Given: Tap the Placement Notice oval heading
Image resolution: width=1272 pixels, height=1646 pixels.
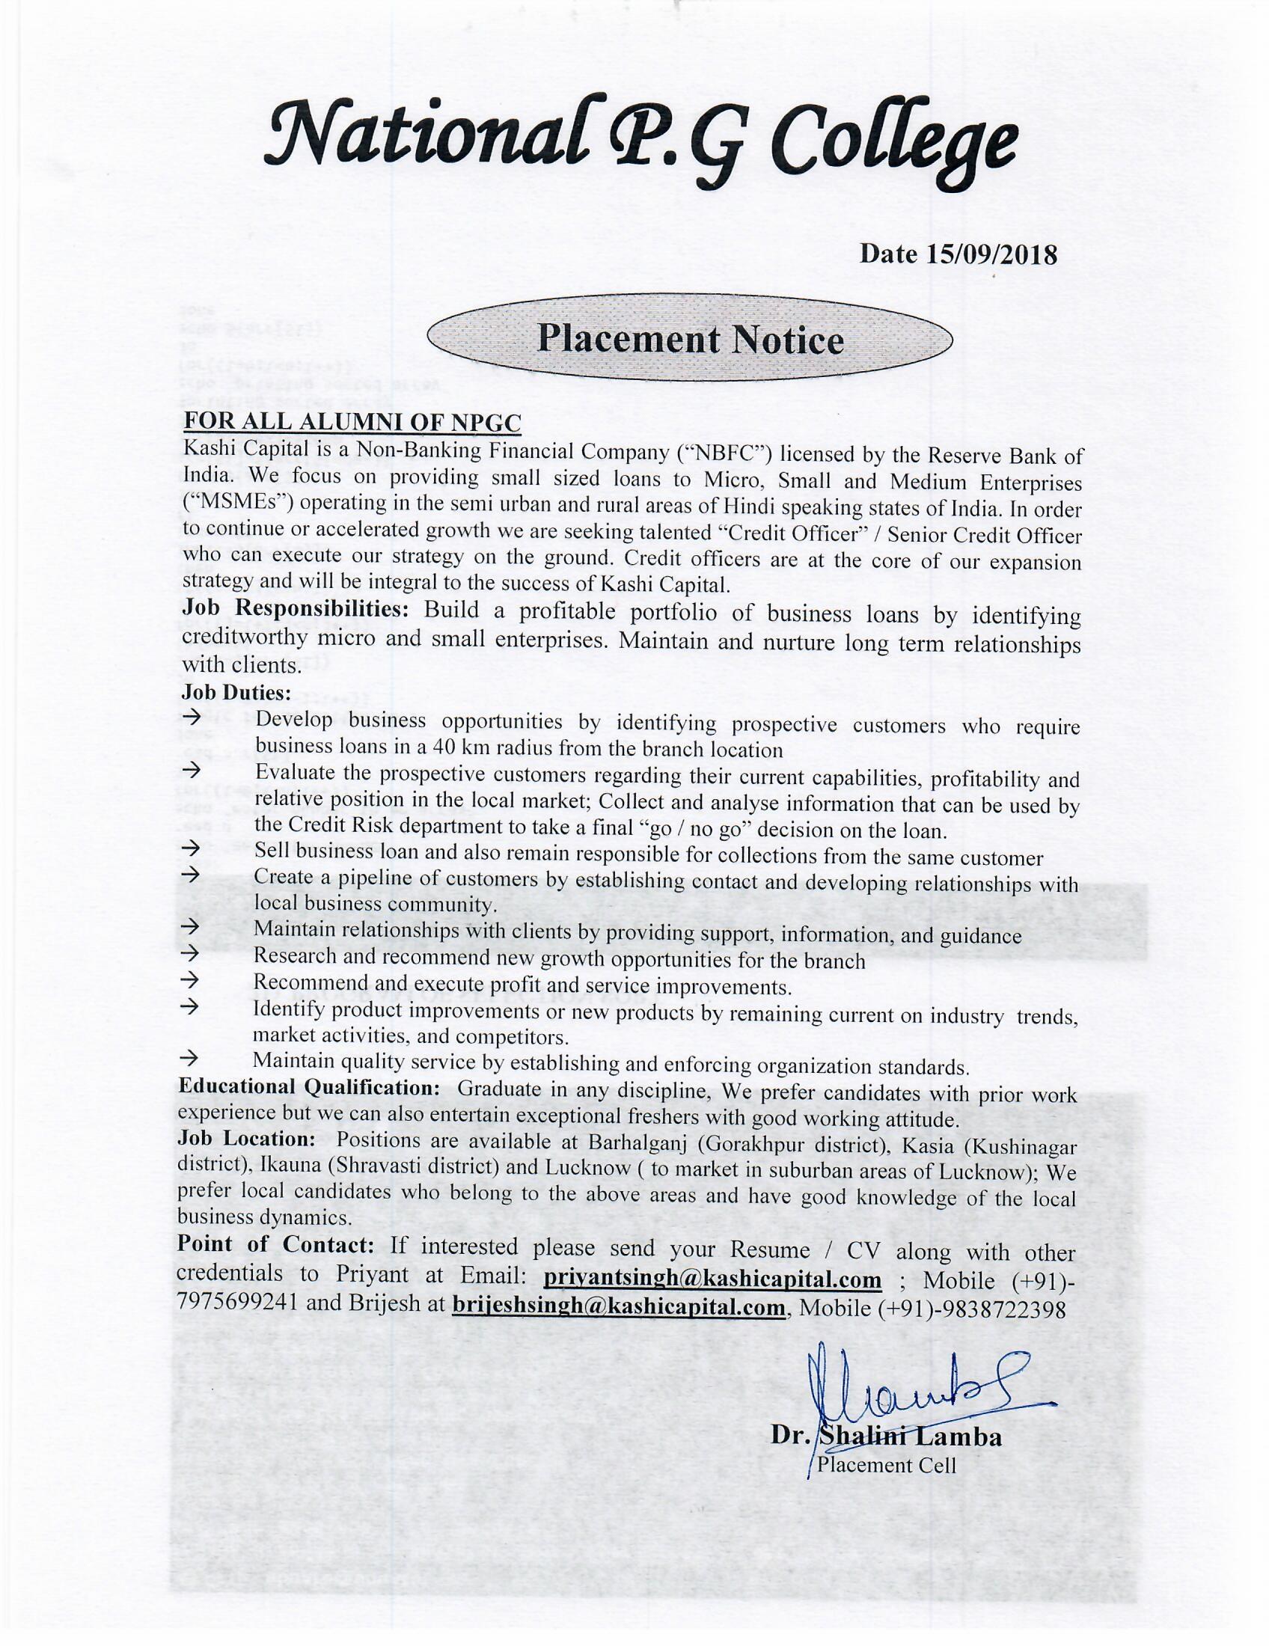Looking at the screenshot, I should click(x=690, y=340).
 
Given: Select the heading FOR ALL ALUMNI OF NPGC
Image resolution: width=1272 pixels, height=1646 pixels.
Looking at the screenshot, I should click(x=352, y=423).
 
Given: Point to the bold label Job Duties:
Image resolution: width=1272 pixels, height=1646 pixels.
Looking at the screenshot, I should click(x=236, y=692).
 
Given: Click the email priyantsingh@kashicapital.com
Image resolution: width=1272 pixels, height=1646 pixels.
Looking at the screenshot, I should click(x=712, y=1279).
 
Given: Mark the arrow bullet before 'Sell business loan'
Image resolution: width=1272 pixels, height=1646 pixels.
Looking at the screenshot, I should click(x=192, y=848).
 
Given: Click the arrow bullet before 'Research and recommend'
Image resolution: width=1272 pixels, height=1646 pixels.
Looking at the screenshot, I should click(x=190, y=953).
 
